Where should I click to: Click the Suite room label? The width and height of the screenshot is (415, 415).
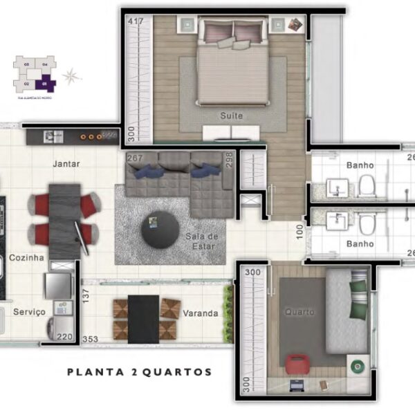pos(232,116)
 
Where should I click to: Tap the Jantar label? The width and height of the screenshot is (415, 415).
pos(66,165)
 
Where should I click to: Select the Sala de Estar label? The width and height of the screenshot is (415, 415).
pos(201,241)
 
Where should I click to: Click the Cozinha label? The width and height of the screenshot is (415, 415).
pos(26,258)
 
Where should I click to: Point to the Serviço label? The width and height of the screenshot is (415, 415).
pos(29,313)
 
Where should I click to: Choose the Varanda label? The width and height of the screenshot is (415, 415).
pos(201,313)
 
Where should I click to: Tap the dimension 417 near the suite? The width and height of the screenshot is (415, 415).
pos(136,21)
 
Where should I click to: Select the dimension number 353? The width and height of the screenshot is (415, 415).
pos(90,340)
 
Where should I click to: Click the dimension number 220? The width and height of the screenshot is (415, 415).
pos(64,338)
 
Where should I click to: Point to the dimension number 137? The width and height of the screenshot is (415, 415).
pos(86,294)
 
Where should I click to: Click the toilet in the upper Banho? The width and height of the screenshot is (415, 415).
pos(366,185)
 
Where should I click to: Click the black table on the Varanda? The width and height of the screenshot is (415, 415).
pos(144,319)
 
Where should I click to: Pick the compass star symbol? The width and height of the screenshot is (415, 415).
pos(71,75)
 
